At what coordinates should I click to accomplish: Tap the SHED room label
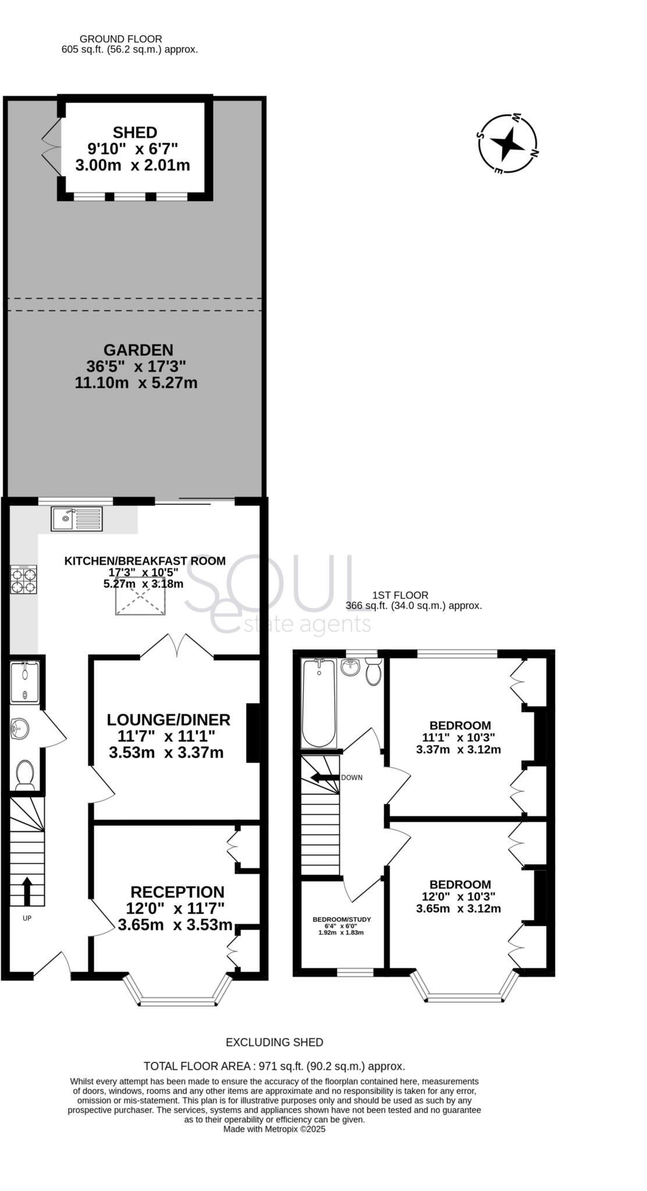135,133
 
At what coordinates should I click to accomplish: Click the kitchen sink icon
76,519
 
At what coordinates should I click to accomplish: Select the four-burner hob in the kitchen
24,579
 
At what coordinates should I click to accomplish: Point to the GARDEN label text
138,350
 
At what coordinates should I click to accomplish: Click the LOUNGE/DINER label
168,719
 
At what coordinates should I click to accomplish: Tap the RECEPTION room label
177,892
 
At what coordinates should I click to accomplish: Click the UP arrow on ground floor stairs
27,890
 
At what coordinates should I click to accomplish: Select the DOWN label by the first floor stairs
351,778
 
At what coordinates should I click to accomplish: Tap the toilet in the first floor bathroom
373,673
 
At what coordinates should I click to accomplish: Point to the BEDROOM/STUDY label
342,919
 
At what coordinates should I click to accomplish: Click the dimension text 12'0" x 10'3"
458,896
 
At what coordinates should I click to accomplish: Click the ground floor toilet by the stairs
24,775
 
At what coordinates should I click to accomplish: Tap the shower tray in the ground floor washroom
24,683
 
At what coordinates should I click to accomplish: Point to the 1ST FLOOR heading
400,595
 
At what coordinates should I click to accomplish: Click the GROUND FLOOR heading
120,39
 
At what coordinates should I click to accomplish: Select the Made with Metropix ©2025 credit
274,1129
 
